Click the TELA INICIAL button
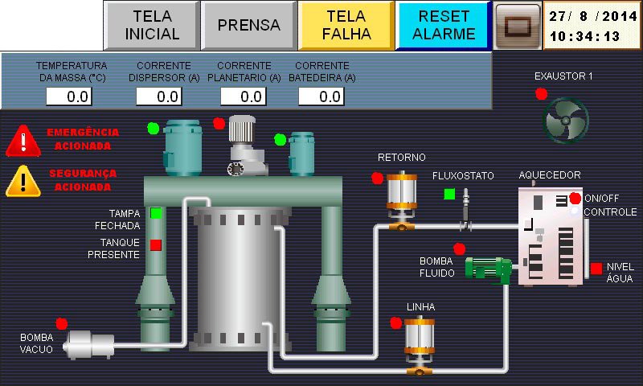point(152,25)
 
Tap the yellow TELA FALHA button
point(346,25)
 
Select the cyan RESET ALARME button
point(444,25)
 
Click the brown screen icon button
point(517,25)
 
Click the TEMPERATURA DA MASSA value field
point(68,97)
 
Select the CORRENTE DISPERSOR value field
point(158,97)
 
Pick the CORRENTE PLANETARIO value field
point(243,97)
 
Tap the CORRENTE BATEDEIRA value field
point(321,97)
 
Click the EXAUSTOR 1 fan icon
point(567,120)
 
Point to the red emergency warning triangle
point(23,141)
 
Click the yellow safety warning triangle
point(23,181)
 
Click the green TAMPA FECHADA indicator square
point(156,213)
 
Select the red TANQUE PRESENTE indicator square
point(156,244)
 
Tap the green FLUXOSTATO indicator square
point(449,193)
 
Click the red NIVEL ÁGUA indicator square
point(596,268)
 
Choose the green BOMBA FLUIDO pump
point(488,269)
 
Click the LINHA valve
point(419,344)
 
